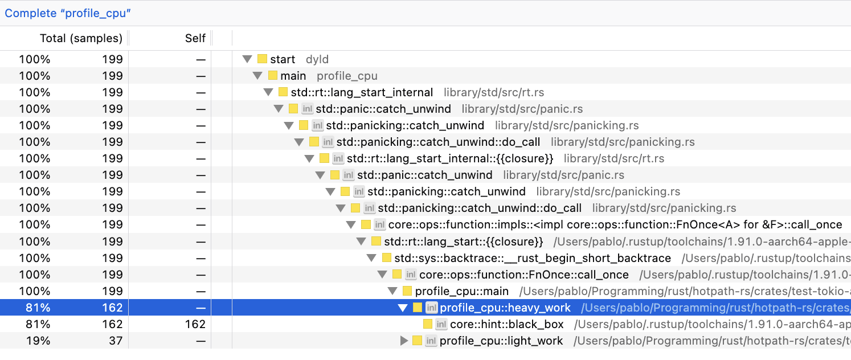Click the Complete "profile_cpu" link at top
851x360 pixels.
pos(68,13)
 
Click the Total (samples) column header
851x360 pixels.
pos(81,38)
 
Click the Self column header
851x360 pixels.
pos(195,38)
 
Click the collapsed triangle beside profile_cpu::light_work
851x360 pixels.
pos(404,341)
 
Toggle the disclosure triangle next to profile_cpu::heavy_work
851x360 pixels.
pos(403,308)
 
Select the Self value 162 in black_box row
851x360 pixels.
pos(195,324)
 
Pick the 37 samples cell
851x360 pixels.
pos(112,341)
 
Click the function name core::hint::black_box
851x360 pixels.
pos(506,324)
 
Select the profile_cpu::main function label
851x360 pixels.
pos(461,291)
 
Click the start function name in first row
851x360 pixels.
pos(283,59)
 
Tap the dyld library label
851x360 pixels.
pos(317,59)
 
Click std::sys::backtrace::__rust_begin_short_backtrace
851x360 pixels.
pos(532,258)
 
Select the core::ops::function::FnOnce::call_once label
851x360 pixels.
pos(523,275)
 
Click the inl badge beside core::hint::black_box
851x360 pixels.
pos(441,324)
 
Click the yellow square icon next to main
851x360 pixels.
pos(273,76)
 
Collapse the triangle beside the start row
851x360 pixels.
pos(247,59)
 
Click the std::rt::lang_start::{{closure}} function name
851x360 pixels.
pos(463,242)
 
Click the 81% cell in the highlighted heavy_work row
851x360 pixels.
pos(38,308)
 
